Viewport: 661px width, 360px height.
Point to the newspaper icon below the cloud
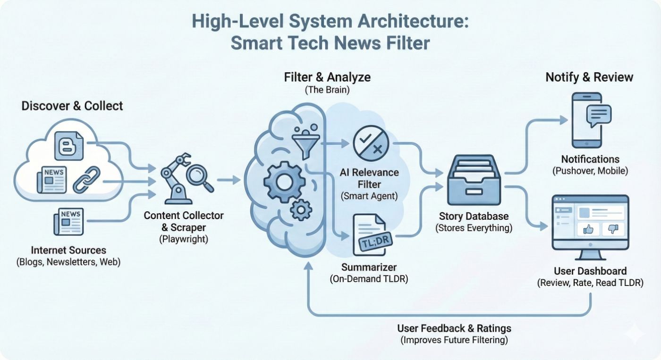tap(68, 221)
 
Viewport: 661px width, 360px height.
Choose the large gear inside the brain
tap(283, 181)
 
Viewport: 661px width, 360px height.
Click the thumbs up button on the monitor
tap(588, 229)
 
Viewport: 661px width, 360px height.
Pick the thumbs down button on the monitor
tap(613, 229)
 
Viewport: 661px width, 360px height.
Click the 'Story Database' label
tap(474, 217)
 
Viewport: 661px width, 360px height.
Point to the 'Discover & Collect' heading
tap(72, 106)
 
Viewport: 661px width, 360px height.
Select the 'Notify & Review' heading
tap(589, 77)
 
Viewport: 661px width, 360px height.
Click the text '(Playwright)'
tap(184, 239)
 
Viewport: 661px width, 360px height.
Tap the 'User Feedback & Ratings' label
tap(454, 328)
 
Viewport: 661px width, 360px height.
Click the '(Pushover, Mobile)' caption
tap(590, 171)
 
